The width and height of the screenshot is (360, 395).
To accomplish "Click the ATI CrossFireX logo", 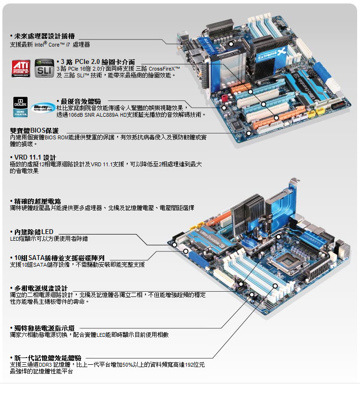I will pos(21,68).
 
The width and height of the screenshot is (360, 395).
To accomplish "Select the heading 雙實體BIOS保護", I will pos(35,131).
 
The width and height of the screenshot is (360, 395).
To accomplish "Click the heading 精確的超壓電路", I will pos(37,200).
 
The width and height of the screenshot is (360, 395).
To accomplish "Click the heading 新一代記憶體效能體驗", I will pos(48,358).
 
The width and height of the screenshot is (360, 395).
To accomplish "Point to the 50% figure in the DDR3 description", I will pos(127,365).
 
